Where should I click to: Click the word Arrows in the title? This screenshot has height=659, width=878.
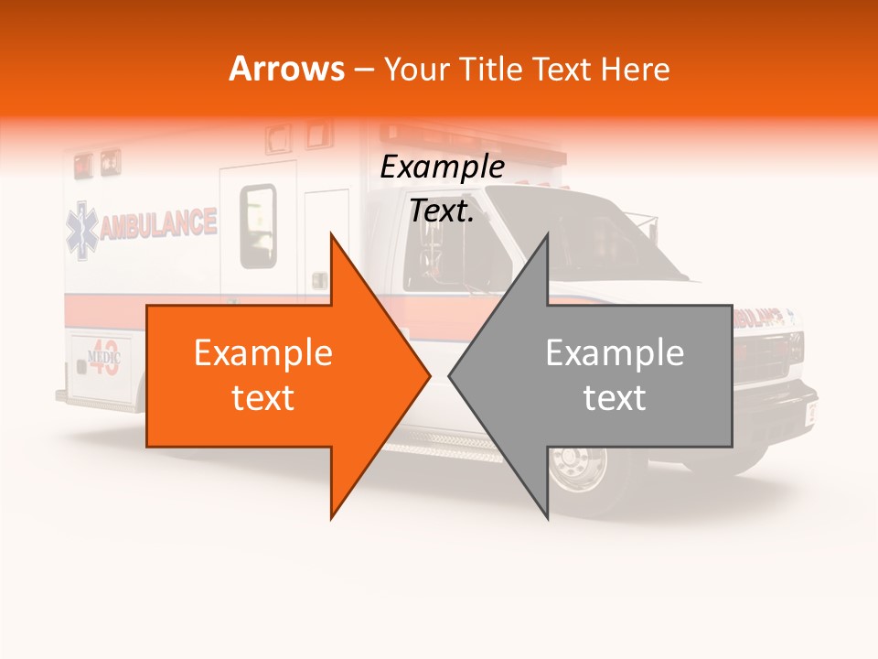(287, 69)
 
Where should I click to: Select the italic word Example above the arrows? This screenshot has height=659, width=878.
(442, 167)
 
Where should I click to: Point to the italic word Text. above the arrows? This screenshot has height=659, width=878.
(442, 211)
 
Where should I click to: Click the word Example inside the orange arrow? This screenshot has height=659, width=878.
(262, 352)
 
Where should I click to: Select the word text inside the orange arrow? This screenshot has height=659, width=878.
(262, 397)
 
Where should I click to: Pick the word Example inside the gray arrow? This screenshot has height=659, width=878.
(615, 352)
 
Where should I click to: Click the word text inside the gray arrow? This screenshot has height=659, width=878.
(615, 397)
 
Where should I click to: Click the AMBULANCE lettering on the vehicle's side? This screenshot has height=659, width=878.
(158, 223)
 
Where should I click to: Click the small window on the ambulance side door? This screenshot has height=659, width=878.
(258, 225)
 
